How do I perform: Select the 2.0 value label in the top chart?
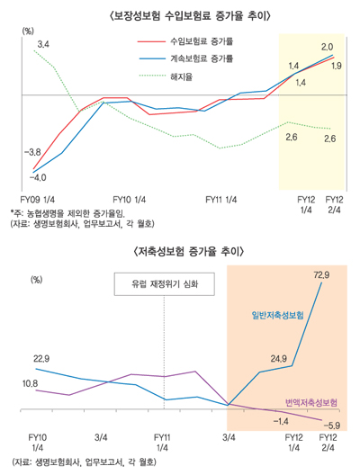[x=327, y=46]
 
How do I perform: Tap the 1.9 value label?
[x=337, y=66]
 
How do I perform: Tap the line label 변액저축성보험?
[x=311, y=399]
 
